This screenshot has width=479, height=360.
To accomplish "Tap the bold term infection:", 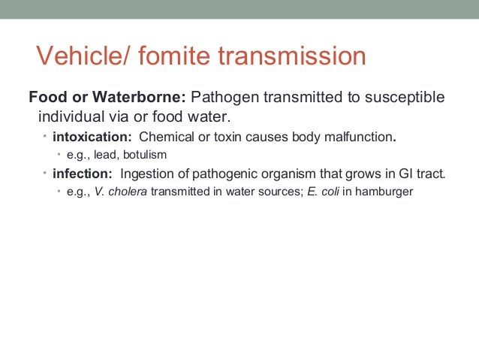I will [81, 174].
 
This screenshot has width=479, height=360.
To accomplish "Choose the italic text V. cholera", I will [121, 192].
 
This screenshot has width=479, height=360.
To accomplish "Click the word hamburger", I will [383, 192].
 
